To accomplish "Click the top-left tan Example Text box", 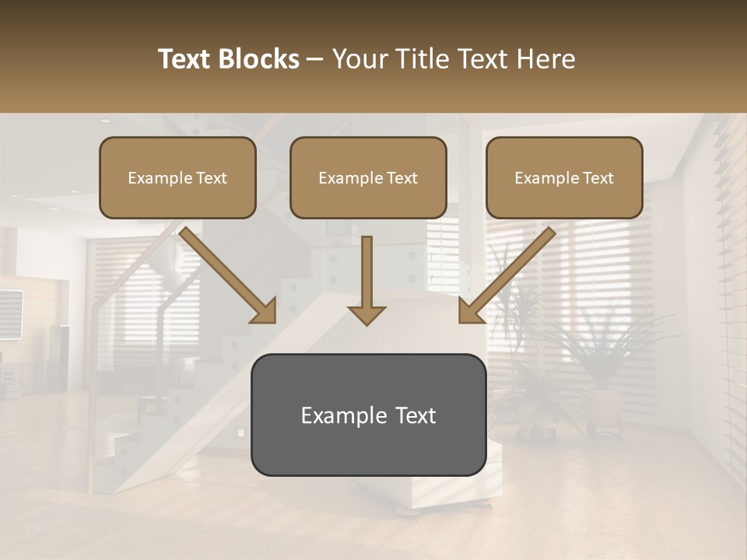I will tap(177, 177).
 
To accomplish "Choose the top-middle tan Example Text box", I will tap(368, 177).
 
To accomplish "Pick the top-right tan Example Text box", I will tap(564, 177).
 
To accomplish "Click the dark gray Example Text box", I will tap(368, 415).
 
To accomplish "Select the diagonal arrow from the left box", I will tap(226, 272).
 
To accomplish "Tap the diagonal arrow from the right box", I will tap(508, 272).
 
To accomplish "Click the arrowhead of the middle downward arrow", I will tap(366, 314).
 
